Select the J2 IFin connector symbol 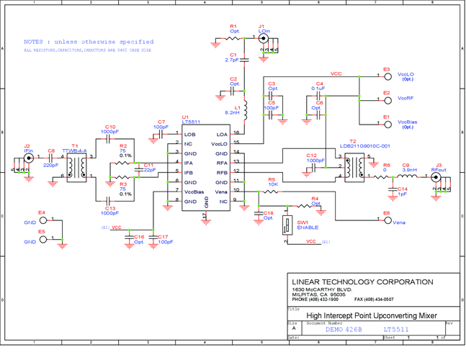[x=29, y=158]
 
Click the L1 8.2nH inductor [x=245, y=110]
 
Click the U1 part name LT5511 [x=191, y=122]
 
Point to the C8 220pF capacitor [x=51, y=158]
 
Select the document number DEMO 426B [x=344, y=329]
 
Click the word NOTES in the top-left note [x=36, y=42]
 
